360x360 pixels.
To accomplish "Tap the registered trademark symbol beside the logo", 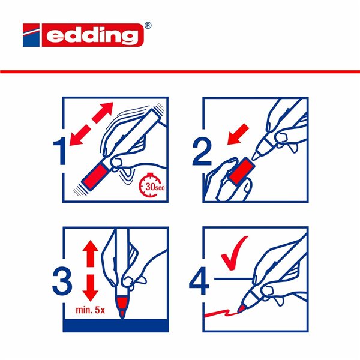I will [x=148, y=26].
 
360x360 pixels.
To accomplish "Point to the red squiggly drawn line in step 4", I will [x=225, y=312].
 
